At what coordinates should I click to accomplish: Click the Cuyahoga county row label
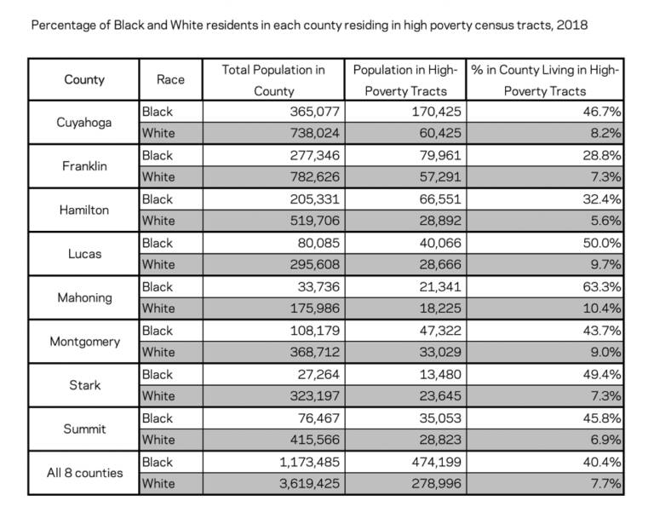tap(83, 122)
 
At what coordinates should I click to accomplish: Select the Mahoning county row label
tap(83, 297)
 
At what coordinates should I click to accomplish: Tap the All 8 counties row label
tap(84, 473)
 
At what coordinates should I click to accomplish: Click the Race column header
tap(171, 80)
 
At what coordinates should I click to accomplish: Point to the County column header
tap(83, 80)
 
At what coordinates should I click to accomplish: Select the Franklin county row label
tap(83, 166)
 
